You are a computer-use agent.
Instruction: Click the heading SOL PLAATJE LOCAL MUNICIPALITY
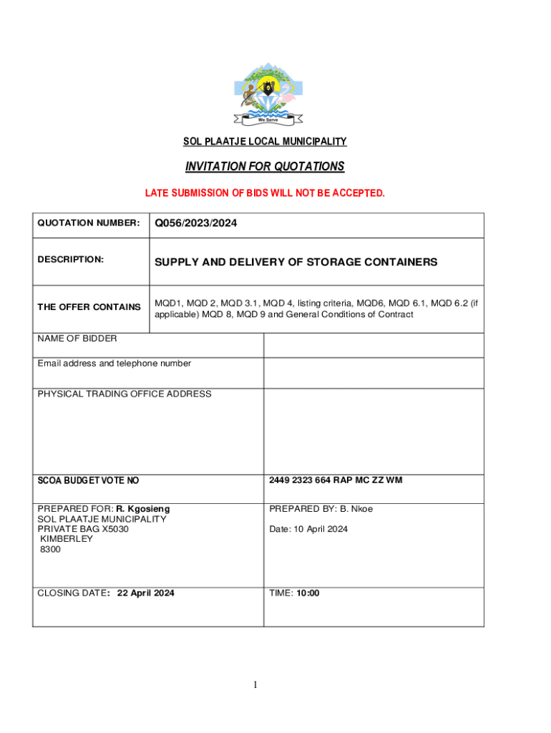point(265,142)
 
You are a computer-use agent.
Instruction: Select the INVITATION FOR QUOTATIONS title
point(265,167)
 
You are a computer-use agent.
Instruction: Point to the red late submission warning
point(265,193)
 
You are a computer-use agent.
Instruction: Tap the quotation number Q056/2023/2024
point(195,224)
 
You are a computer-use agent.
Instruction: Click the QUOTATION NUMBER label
point(88,223)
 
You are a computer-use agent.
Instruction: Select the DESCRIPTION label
point(71,259)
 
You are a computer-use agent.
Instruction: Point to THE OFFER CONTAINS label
point(89,307)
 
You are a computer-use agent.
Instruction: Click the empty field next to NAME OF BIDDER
point(374,345)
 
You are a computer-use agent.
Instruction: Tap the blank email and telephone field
point(374,372)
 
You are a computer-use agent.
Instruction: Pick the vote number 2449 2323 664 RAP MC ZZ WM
point(336,480)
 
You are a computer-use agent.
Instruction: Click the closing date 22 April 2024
point(145,593)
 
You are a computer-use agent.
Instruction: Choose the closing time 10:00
point(308,593)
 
